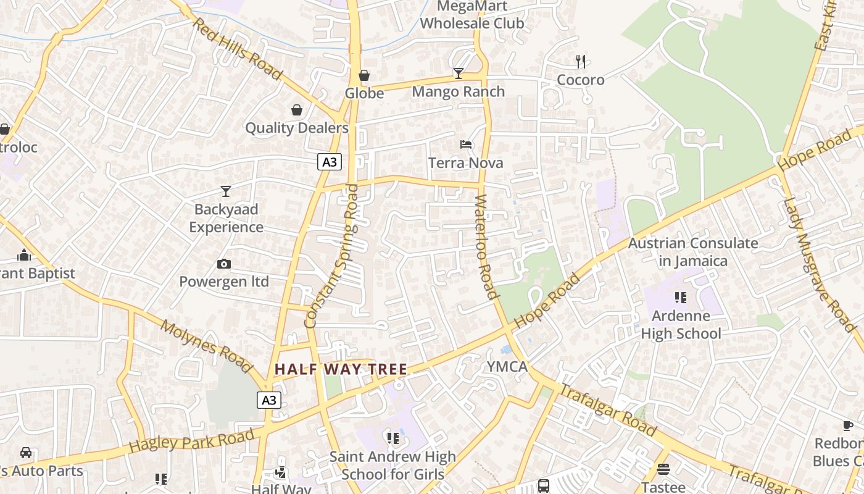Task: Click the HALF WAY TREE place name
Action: point(341,369)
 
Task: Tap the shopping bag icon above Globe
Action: point(364,75)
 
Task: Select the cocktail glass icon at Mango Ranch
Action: point(458,73)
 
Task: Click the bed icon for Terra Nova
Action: point(466,144)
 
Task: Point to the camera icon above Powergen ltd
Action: point(224,264)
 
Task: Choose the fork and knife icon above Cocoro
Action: point(580,61)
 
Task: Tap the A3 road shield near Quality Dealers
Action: point(330,162)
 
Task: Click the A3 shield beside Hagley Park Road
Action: point(269,400)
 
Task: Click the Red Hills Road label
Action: point(238,49)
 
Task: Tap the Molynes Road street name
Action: point(207,346)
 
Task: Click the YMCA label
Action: point(507,367)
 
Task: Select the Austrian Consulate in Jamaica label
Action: point(692,252)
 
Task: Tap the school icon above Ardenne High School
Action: point(681,298)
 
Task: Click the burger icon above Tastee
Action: point(663,469)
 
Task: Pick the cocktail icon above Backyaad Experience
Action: point(226,191)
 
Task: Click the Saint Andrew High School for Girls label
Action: point(393,466)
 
